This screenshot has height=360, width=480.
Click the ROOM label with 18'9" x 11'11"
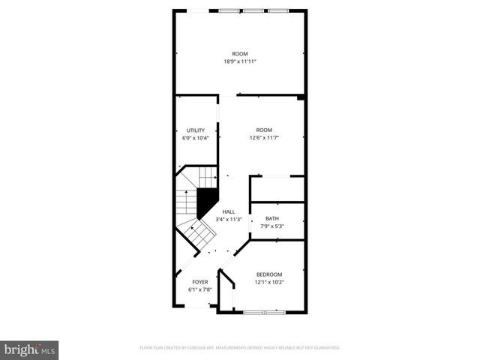pos(240,53)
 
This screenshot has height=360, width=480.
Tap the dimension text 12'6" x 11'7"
pos(264,138)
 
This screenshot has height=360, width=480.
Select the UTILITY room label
pos(196,130)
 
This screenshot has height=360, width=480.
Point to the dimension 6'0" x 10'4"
pos(196,138)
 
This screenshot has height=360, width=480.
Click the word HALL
pos(228,212)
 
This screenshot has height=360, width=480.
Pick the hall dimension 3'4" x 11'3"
pos(228,220)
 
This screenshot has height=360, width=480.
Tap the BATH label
pos(271,219)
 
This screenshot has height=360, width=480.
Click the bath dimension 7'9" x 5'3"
pos(271,226)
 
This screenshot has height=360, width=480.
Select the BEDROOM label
pos(269,274)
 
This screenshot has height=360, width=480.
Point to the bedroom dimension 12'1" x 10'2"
pos(269,282)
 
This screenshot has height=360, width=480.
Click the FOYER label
pos(199,282)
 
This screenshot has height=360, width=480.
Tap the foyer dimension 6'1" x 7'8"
pos(199,289)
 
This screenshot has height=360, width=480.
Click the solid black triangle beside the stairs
pos(205,202)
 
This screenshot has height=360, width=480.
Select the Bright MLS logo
pos(30,349)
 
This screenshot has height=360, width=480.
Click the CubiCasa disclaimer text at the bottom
pos(240,348)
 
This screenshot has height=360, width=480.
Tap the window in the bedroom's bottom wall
pos(260,310)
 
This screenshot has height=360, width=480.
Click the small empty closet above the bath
pos(276,189)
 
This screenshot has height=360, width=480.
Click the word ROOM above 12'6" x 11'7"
pos(264,130)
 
